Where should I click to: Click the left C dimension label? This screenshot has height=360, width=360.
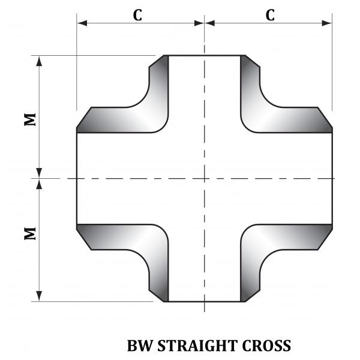(137, 16)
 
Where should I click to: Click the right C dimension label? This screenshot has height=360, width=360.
(271, 16)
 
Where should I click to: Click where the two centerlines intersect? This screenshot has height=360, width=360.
(205, 178)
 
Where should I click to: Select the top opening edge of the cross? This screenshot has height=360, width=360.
(205, 55)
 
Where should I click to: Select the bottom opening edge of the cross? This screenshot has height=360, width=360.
(205, 301)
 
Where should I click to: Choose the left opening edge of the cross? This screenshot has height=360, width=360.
(77, 178)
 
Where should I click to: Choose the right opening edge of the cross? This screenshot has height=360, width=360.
(332, 178)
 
